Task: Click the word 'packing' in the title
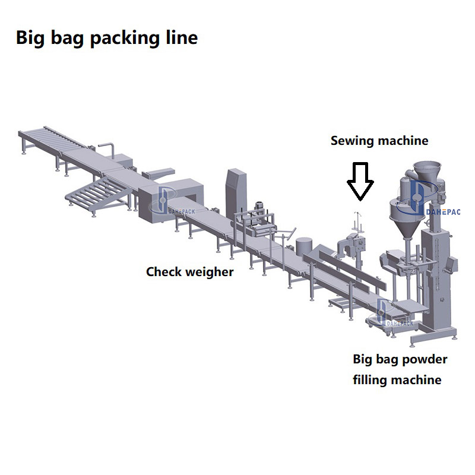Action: coord(125,38)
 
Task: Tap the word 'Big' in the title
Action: coord(30,38)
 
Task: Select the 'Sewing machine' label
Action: coord(379,141)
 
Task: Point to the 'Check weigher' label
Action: coord(189,272)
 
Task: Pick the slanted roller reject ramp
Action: coord(99,194)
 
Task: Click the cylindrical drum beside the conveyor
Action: coord(304,247)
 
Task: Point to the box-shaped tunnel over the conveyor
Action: coord(171,200)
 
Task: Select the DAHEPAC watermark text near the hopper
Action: coord(443,212)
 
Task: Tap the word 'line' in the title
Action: coord(182,38)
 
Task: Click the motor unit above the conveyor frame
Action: coord(259,209)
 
